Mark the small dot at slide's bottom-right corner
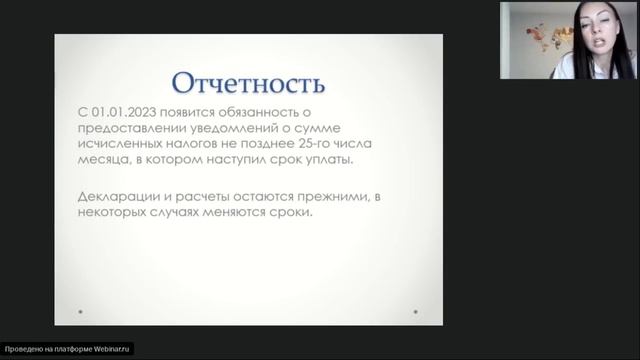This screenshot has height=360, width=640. pos(414,314)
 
